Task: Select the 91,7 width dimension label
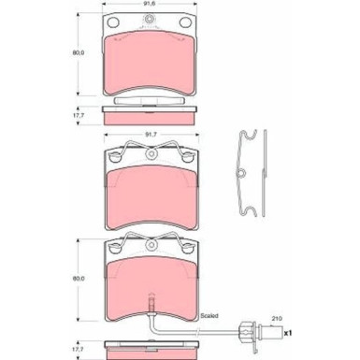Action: (x=151, y=136)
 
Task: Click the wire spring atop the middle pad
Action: (x=151, y=147)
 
